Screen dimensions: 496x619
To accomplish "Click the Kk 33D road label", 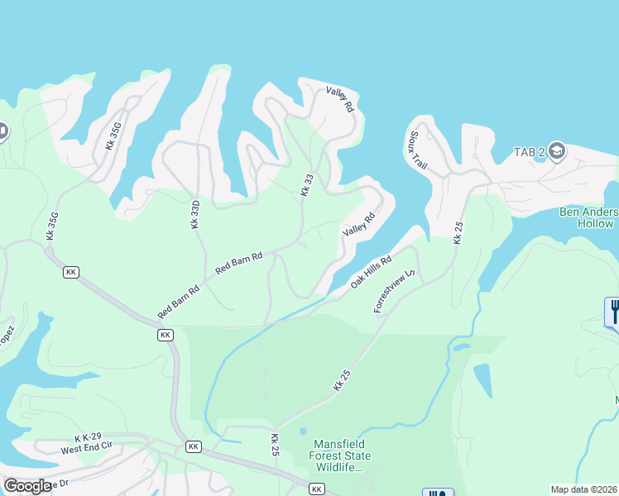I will click(195, 213).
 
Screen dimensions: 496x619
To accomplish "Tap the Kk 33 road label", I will click(307, 184).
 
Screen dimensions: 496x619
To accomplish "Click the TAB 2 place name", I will click(528, 152).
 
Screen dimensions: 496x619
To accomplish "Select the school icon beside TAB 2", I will click(556, 150).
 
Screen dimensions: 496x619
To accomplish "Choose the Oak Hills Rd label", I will click(370, 270).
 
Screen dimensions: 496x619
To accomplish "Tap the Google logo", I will click(27, 486).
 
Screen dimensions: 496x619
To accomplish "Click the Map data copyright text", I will click(583, 489).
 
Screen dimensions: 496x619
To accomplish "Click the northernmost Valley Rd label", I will click(340, 99).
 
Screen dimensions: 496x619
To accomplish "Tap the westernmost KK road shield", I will click(71, 272).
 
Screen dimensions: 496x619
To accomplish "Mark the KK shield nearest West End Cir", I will click(194, 446).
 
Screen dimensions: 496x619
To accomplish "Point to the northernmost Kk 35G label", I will click(114, 136).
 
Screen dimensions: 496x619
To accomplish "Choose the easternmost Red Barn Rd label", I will click(238, 264).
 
